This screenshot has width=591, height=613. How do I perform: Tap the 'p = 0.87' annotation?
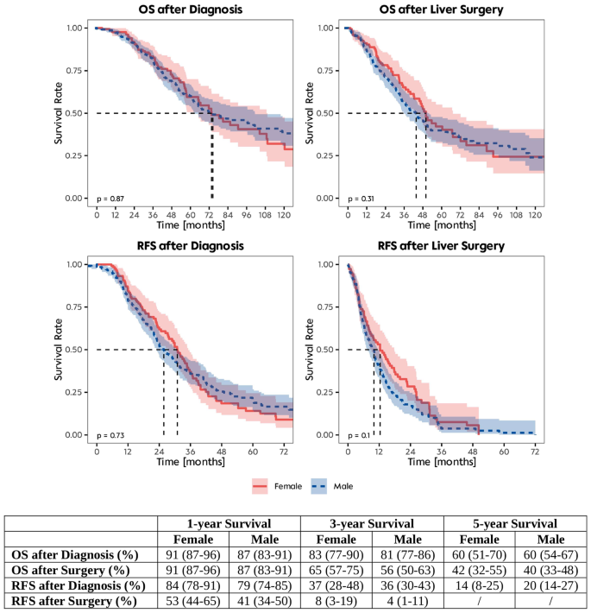110,199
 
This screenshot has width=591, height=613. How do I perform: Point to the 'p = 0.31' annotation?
361,199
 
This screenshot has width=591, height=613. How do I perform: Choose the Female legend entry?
277,486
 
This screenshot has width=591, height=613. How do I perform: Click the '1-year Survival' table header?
229,524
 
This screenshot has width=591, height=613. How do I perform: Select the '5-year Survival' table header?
516,524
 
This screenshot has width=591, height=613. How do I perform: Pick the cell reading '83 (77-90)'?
336,553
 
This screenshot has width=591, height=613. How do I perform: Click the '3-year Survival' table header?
373,524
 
